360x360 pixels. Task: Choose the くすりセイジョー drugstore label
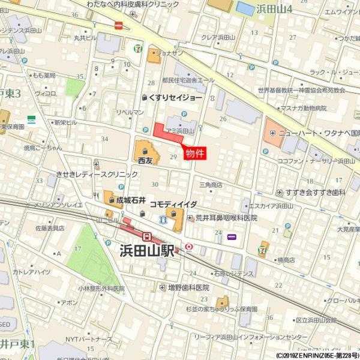(x=175, y=97)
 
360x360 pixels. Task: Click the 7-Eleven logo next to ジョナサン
(x=139, y=47)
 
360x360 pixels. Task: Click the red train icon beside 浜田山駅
(x=146, y=236)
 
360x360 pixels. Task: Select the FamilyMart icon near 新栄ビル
(x=31, y=118)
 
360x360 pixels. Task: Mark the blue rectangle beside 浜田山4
(x=245, y=9)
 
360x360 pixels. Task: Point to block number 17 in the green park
(x=77, y=248)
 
